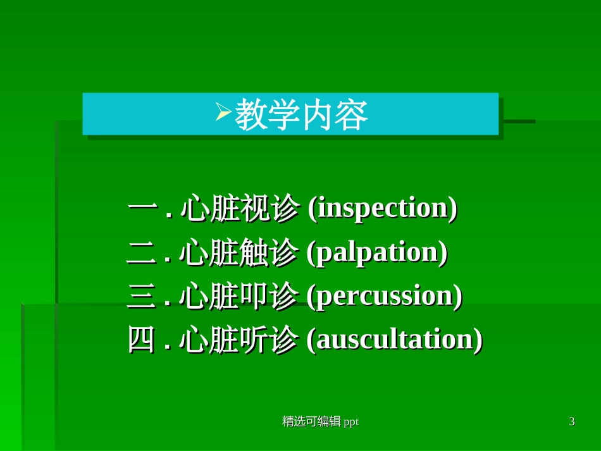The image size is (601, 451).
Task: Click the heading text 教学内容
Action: click(x=301, y=115)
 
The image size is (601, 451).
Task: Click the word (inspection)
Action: click(x=382, y=209)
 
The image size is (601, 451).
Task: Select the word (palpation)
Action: click(x=377, y=252)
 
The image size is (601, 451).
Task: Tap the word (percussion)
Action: click(x=384, y=296)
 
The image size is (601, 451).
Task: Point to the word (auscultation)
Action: click(x=394, y=340)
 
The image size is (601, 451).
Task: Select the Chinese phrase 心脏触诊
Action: click(x=239, y=252)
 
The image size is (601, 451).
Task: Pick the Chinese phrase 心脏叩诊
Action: click(x=239, y=296)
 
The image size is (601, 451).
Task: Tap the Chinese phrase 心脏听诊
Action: click(x=239, y=340)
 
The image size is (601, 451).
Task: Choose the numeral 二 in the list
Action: click(x=142, y=253)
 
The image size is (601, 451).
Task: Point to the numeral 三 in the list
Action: click(x=142, y=296)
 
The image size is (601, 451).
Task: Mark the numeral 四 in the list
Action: click(x=142, y=340)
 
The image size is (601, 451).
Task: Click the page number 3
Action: click(x=572, y=422)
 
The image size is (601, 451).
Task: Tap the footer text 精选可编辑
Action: click(x=311, y=422)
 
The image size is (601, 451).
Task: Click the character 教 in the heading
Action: click(x=251, y=115)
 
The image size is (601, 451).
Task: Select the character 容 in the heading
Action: click(x=352, y=115)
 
